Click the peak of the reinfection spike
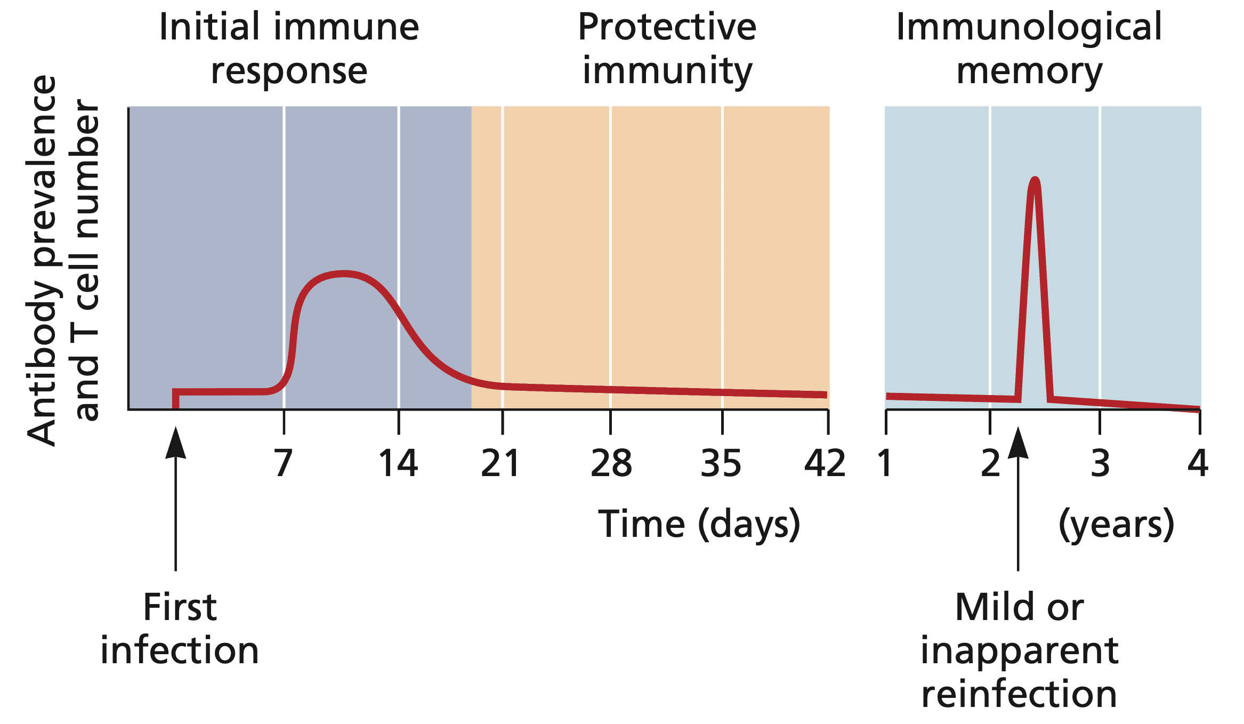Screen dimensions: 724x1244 [1035, 180]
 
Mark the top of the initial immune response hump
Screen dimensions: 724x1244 [344, 274]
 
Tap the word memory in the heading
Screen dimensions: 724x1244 [1029, 71]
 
